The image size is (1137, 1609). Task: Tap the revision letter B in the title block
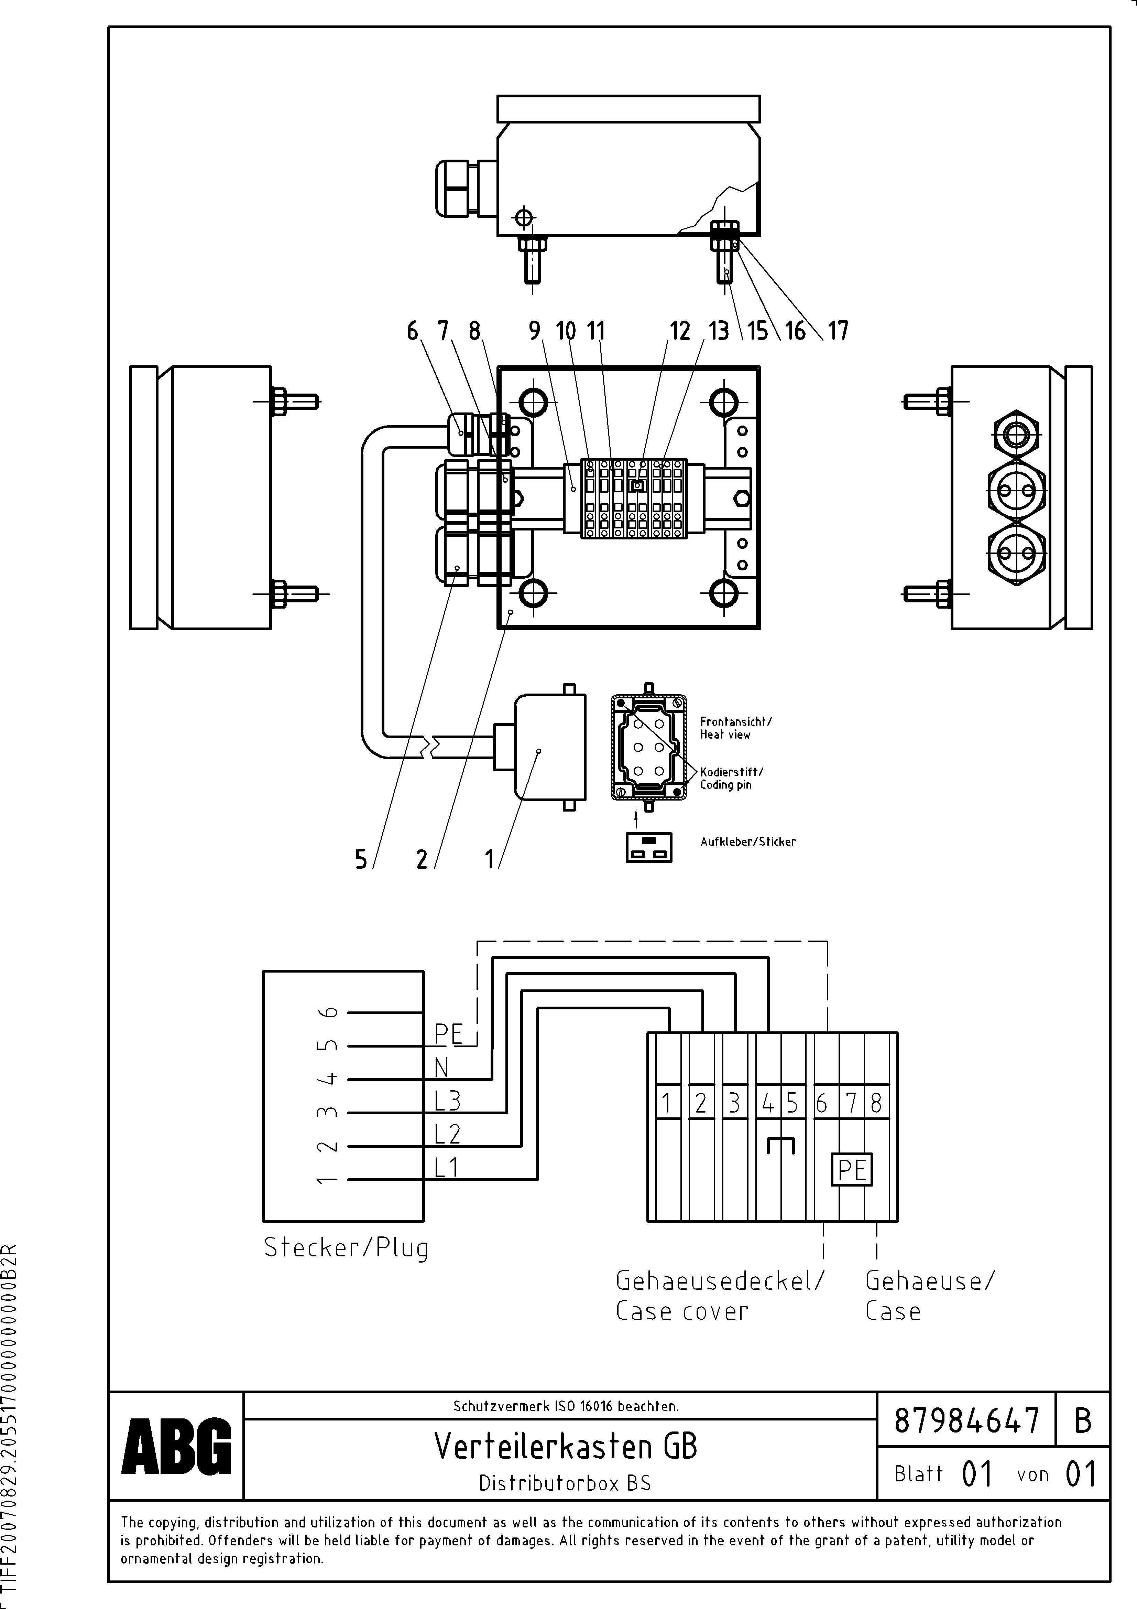(x=1082, y=1420)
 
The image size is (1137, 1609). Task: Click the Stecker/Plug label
(x=346, y=1247)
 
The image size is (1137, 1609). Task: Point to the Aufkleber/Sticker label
(x=748, y=841)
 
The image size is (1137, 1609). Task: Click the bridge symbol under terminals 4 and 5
(x=780, y=1145)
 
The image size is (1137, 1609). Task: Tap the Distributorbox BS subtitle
(x=565, y=1483)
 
